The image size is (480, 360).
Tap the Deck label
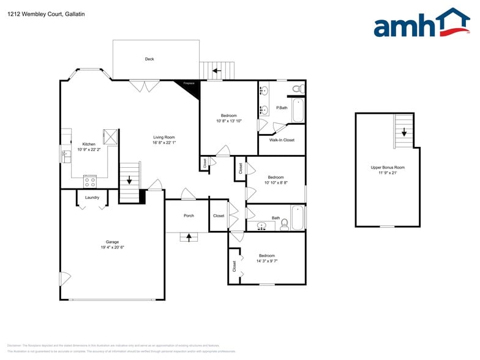149,59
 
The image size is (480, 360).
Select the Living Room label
164,137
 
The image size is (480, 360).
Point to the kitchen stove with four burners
90,181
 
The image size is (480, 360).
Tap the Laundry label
92,197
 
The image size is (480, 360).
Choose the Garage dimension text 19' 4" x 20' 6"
112,247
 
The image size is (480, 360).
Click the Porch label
189,216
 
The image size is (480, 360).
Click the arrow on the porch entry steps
189,236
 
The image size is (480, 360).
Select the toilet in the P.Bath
297,89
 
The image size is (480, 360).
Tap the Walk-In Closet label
282,140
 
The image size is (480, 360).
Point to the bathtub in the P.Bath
298,111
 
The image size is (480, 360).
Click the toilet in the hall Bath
284,225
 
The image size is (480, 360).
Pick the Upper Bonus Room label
388,167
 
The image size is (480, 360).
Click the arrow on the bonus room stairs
404,132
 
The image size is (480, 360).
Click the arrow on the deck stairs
216,71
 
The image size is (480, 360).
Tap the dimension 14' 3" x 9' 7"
267,261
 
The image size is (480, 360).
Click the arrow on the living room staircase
129,179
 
